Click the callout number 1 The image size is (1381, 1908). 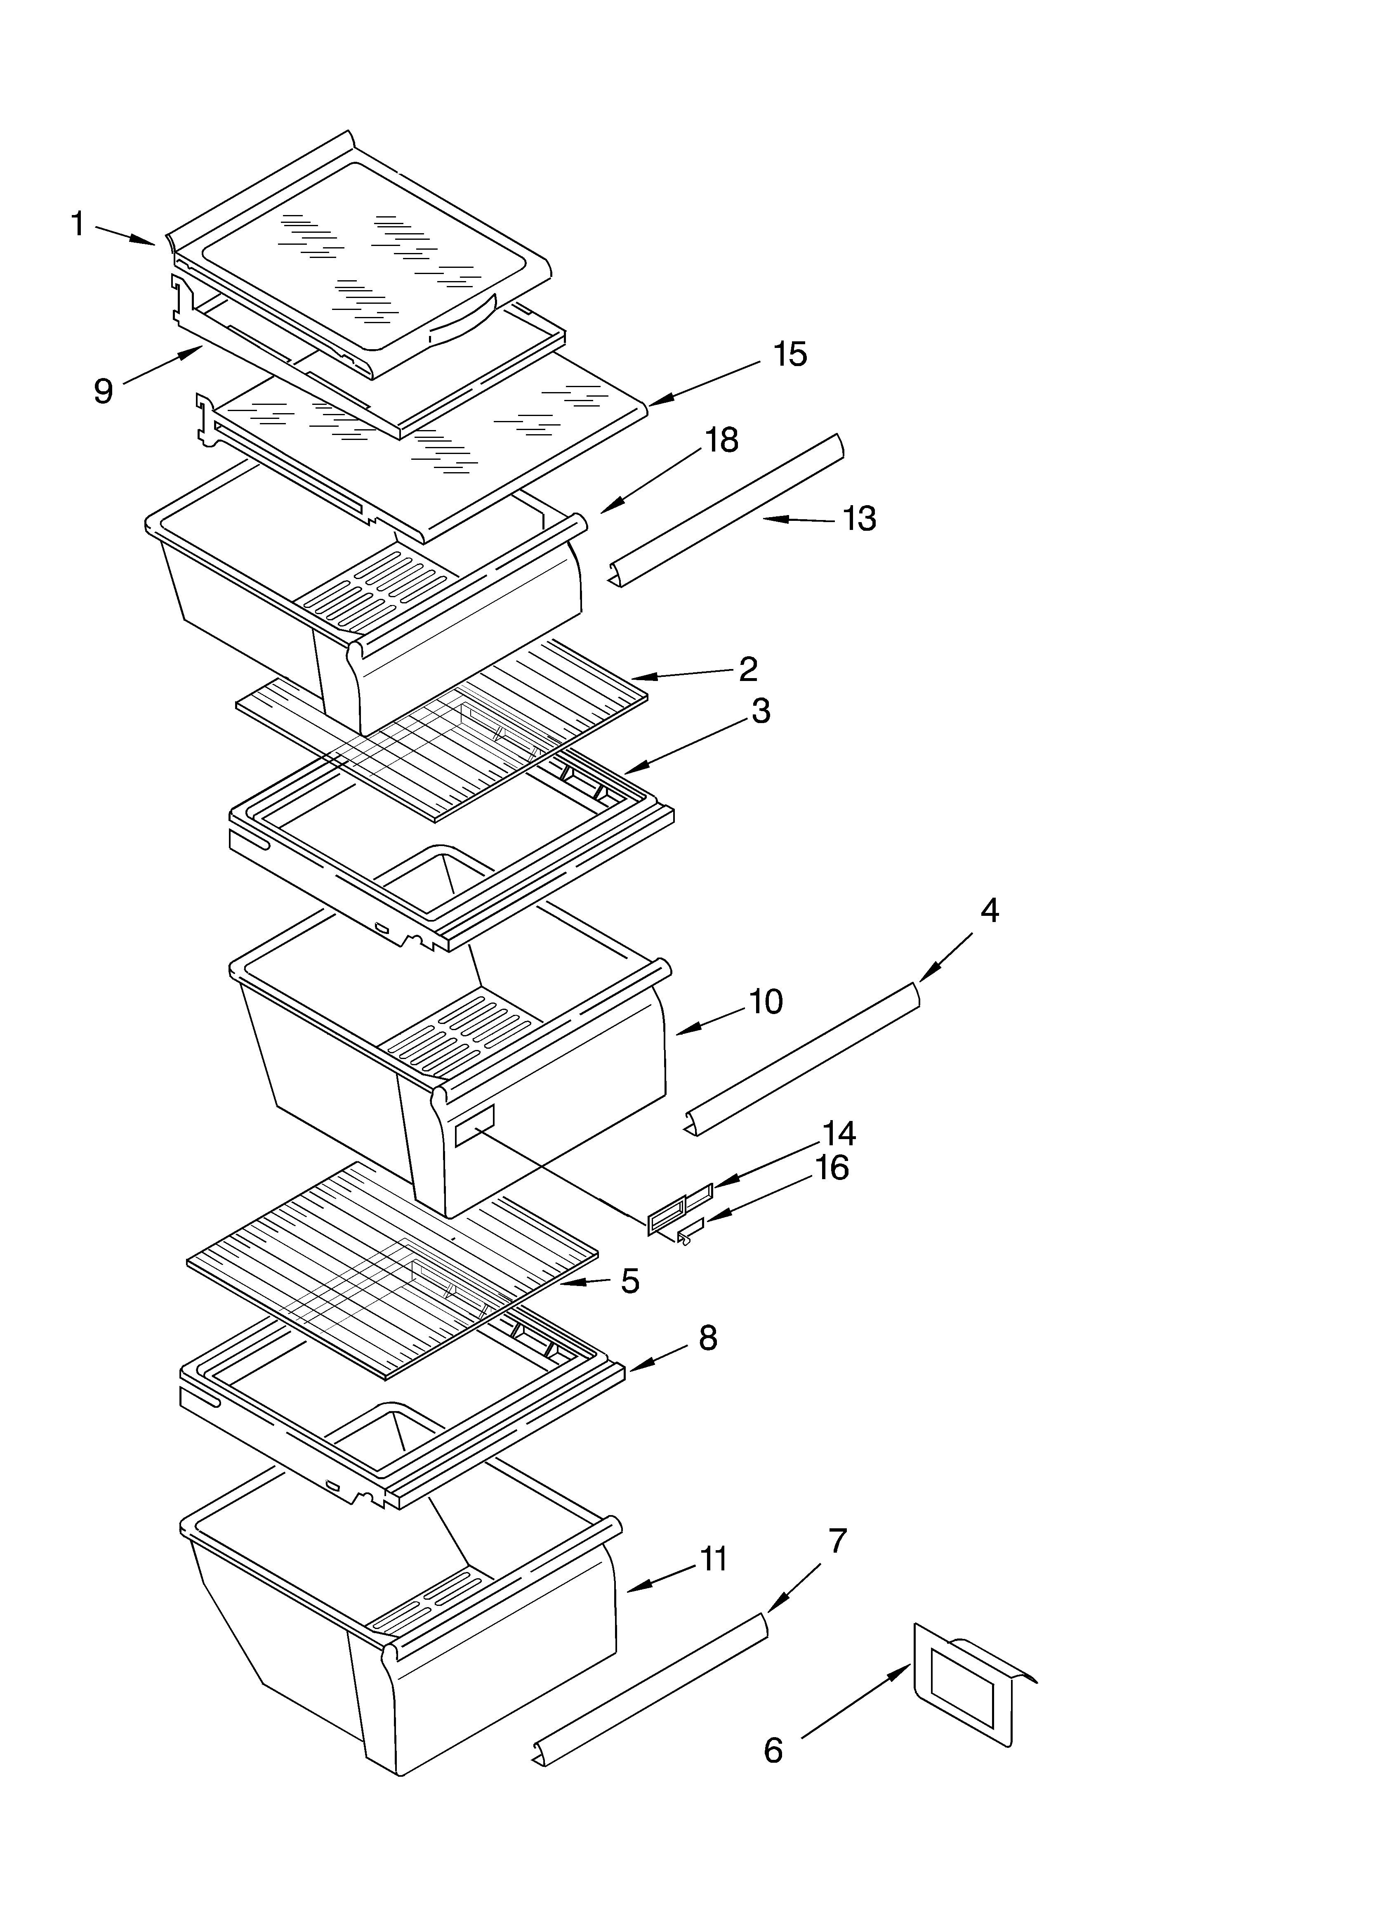pyautogui.click(x=78, y=225)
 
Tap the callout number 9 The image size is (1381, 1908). pyautogui.click(x=104, y=391)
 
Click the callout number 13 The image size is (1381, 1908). pyautogui.click(x=859, y=519)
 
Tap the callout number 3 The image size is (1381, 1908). pyautogui.click(x=760, y=711)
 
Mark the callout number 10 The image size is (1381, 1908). pyautogui.click(x=765, y=1002)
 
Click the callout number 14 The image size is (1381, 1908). pyautogui.click(x=839, y=1134)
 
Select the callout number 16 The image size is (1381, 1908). pyautogui.click(x=832, y=1168)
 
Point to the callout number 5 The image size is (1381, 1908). pyautogui.click(x=630, y=1281)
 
